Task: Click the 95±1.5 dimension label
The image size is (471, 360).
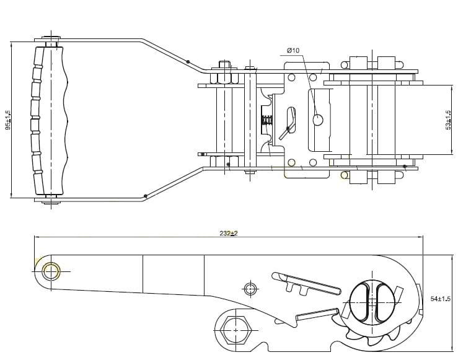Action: pos(8,120)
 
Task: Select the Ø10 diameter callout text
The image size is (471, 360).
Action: pos(293,50)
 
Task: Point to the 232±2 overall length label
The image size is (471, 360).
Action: pos(229,233)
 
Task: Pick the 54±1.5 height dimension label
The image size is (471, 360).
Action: pos(440,299)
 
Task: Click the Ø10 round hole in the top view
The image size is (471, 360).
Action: pos(318,120)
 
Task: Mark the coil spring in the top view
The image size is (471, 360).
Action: pos(266,120)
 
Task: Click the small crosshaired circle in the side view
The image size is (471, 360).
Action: pos(250,289)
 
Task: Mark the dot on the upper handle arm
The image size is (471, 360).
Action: pos(188,61)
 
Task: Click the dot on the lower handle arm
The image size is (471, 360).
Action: pos(145,196)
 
